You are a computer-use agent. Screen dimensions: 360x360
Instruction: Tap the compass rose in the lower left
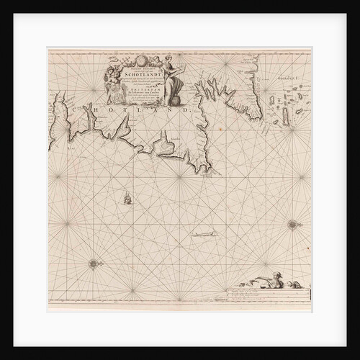93,264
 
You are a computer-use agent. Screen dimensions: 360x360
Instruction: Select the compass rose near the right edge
292,225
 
